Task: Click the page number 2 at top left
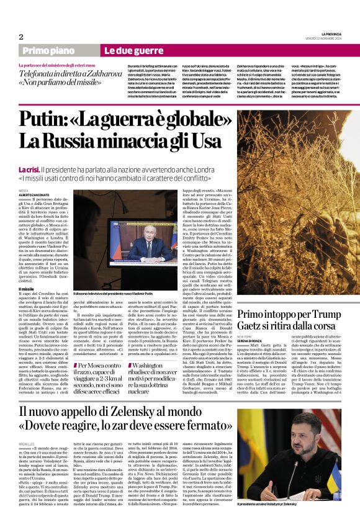coord(21,37)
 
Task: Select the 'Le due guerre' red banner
coord(125,50)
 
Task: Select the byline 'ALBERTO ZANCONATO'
coord(34,194)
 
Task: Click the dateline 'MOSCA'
coord(24,190)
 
